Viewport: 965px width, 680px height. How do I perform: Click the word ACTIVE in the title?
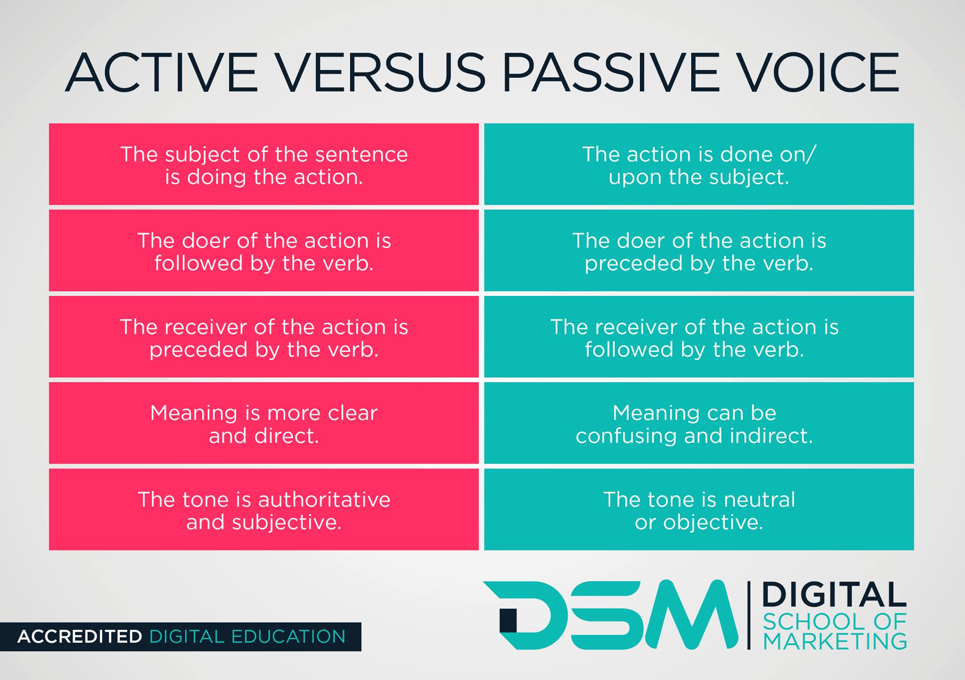tap(161, 74)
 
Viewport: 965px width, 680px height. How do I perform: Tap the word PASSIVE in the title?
tap(611, 74)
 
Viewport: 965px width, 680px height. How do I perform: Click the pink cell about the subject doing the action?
tap(264, 164)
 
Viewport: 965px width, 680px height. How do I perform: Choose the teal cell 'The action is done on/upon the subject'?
tap(699, 164)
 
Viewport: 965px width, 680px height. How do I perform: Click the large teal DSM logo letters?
tap(611, 614)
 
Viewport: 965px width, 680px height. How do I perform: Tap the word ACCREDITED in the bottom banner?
tap(80, 637)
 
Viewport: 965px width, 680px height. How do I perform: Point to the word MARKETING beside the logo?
tap(835, 641)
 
